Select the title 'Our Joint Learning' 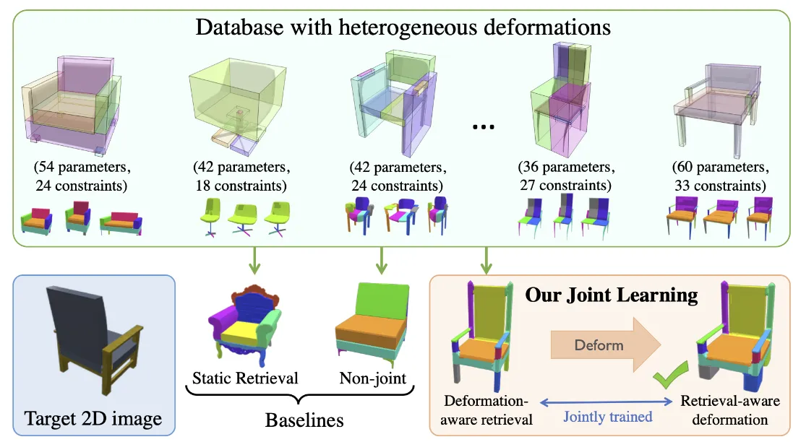[611, 295]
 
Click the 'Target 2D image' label [93, 418]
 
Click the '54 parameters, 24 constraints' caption [80, 177]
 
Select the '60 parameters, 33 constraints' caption [713, 177]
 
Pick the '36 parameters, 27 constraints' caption [566, 177]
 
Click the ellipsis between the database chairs [482, 126]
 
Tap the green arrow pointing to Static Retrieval [253, 262]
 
